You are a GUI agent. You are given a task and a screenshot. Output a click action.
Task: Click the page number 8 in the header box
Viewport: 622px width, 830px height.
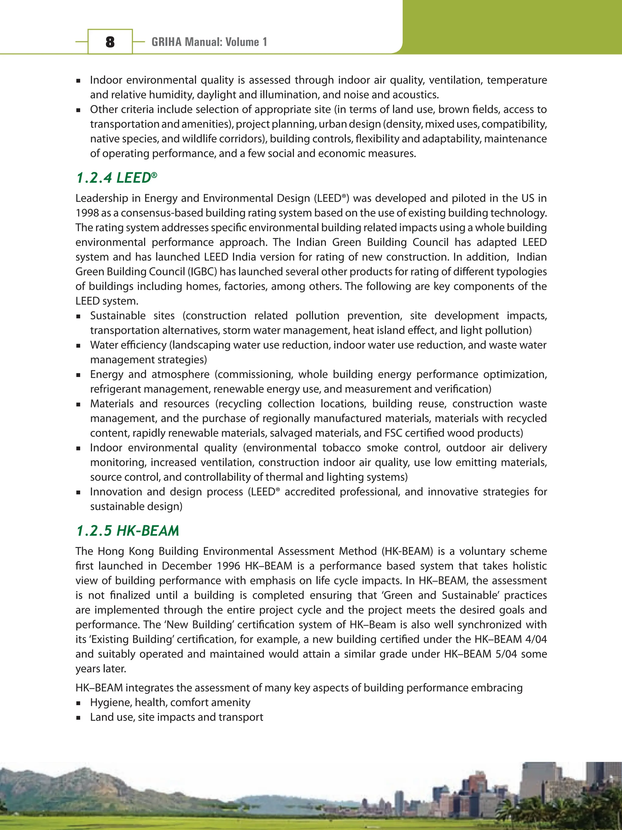click(x=110, y=42)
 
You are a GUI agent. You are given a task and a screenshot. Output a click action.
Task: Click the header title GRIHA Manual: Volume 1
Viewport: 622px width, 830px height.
click(x=209, y=42)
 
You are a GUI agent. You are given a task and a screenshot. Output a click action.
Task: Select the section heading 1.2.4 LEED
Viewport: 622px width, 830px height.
click(x=116, y=178)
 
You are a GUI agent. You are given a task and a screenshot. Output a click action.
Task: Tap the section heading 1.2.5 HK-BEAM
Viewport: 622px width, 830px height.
click(x=127, y=530)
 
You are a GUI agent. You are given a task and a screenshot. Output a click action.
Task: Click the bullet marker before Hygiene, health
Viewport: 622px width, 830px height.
click(x=78, y=703)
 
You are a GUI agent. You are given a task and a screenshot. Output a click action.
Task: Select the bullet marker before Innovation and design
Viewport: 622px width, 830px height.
click(x=78, y=492)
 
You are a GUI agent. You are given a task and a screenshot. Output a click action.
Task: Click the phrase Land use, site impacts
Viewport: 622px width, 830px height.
click(x=142, y=717)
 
